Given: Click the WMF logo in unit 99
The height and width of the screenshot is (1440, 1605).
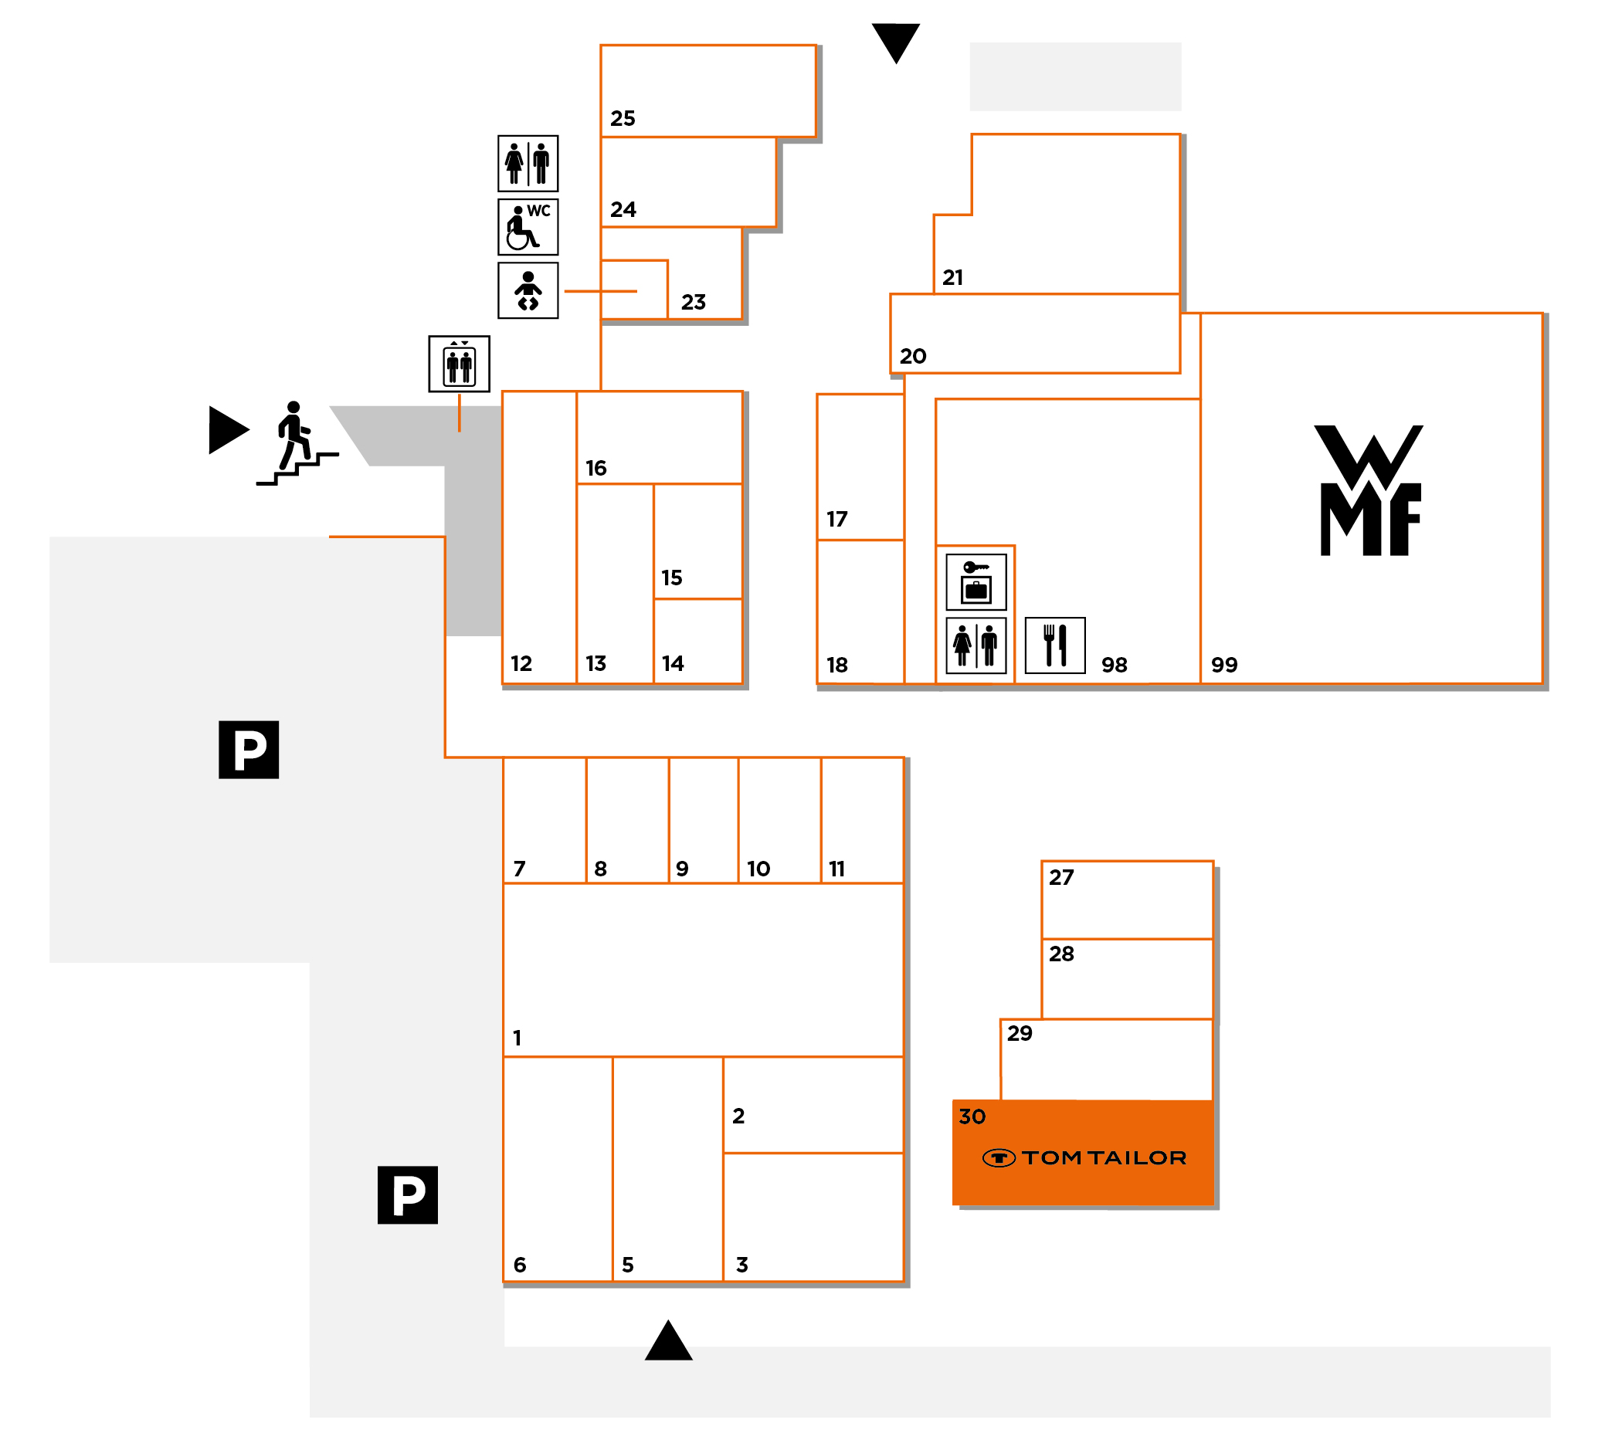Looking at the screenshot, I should point(1370,490).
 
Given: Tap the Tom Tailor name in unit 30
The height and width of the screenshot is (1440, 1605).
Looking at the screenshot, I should point(1103,1158).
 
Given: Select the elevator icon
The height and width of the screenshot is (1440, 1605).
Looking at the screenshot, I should point(459,364).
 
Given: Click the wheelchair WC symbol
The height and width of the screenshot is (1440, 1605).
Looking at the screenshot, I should point(528,227).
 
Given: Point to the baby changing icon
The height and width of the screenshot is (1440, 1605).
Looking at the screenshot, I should point(528,290).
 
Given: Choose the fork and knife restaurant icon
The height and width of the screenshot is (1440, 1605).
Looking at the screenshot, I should point(1055,645).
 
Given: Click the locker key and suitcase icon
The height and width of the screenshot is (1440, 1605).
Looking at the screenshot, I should point(976,581).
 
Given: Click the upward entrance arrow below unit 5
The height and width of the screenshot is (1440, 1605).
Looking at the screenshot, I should point(669,1342).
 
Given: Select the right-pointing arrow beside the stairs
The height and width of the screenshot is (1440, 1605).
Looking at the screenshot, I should point(228,429).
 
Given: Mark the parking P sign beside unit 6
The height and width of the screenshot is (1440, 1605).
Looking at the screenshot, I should point(408,1194).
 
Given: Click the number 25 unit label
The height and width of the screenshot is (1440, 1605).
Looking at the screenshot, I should point(623,119).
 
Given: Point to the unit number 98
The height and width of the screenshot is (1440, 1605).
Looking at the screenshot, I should point(1115,665).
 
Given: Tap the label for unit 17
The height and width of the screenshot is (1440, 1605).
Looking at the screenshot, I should point(836,519).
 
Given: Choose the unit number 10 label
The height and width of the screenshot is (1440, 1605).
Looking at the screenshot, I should point(758,869).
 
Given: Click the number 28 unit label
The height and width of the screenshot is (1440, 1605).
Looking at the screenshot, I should point(1061,954).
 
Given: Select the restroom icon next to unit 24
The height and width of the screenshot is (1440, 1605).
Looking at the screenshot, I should point(528,164).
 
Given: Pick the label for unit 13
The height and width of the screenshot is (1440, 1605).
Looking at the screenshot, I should point(596,663).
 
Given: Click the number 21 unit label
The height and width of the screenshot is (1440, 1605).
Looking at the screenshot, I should point(953,278).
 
